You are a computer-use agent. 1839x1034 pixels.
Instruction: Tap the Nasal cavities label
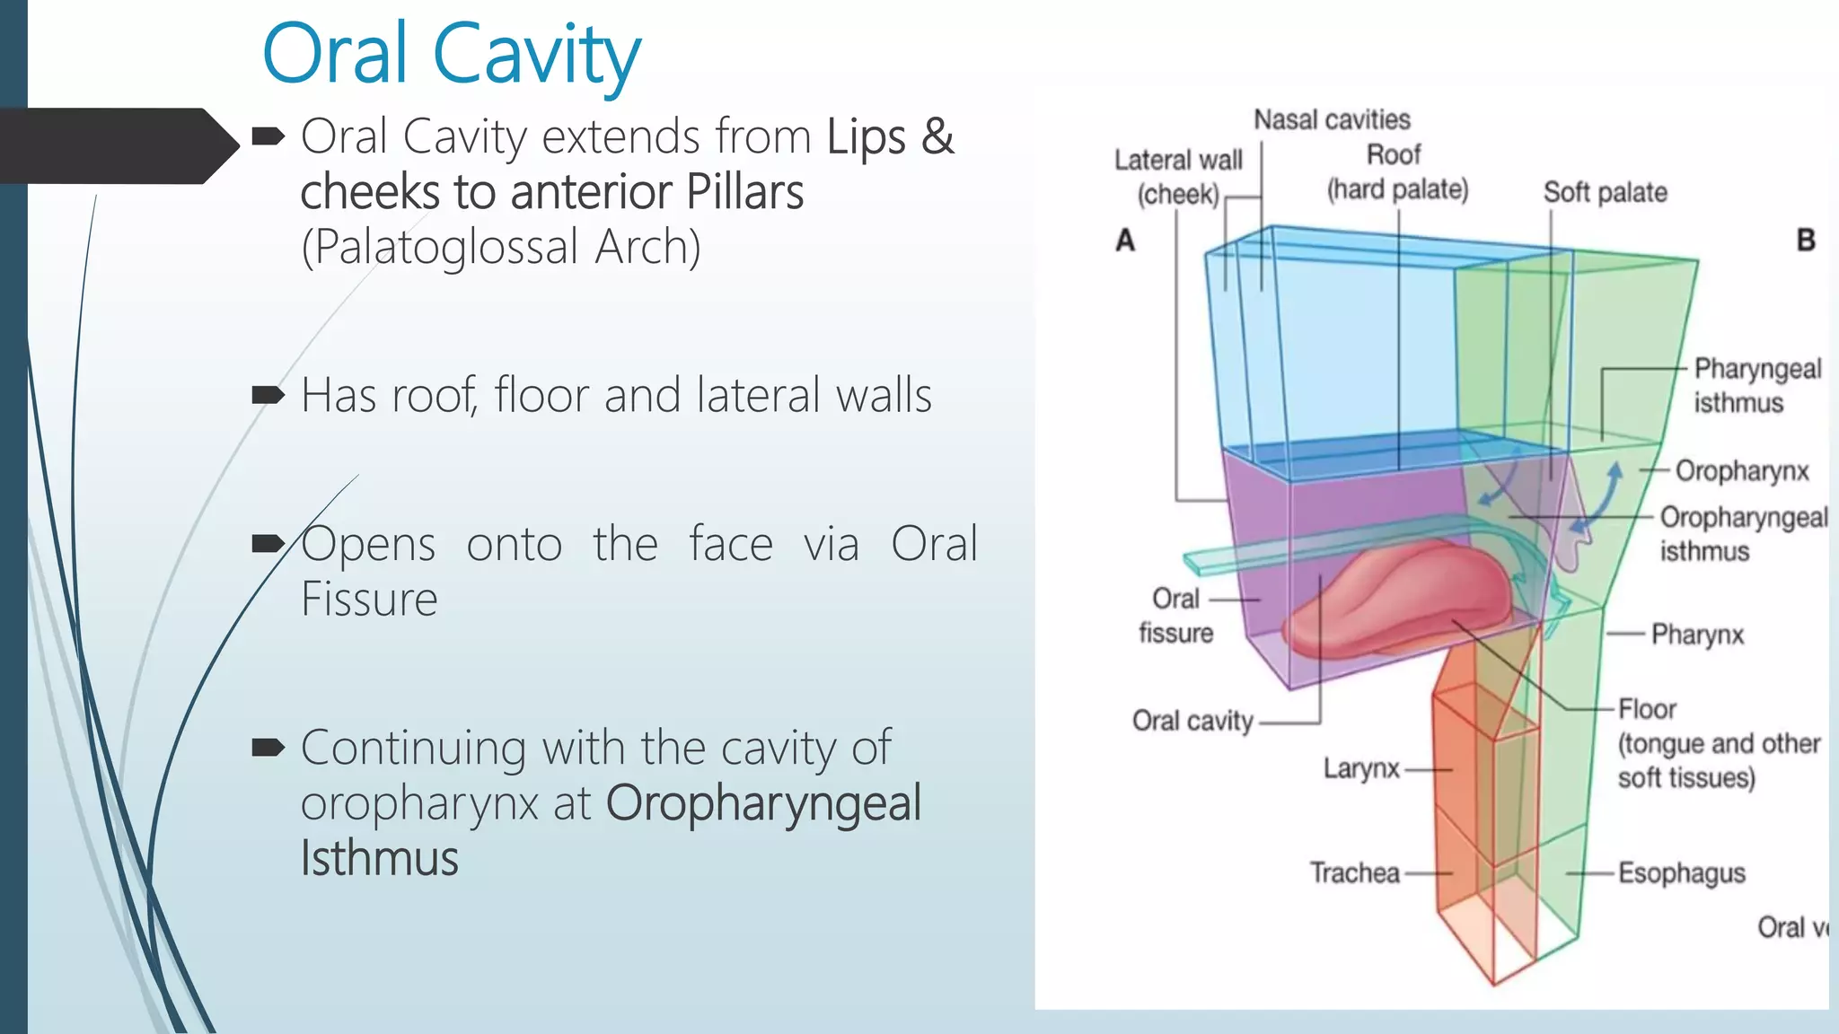point(1332,119)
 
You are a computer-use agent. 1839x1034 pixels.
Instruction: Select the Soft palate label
point(1605,192)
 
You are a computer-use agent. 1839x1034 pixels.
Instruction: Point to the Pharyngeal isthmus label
point(1756,386)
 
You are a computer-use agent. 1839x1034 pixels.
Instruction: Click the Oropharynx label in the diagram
point(1741,471)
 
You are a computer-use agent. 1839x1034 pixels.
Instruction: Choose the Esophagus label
point(1681,873)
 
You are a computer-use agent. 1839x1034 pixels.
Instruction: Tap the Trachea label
point(1354,872)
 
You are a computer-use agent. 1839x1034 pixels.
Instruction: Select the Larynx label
point(1361,768)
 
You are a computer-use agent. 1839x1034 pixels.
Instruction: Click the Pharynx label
point(1697,635)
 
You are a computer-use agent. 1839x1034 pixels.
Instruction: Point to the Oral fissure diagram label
point(1175,616)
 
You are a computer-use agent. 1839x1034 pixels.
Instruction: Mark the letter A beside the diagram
point(1125,240)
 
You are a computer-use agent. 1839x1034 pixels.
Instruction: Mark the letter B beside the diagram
point(1806,240)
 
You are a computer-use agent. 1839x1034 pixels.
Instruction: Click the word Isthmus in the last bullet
point(379,858)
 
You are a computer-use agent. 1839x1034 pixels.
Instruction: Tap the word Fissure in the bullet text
point(369,599)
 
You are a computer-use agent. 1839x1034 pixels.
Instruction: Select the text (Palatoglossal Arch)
point(500,247)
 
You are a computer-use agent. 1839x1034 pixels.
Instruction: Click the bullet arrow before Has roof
point(268,395)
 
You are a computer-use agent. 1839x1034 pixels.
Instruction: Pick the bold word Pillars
point(744,192)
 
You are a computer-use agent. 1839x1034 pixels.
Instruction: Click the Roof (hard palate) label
point(1396,172)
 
